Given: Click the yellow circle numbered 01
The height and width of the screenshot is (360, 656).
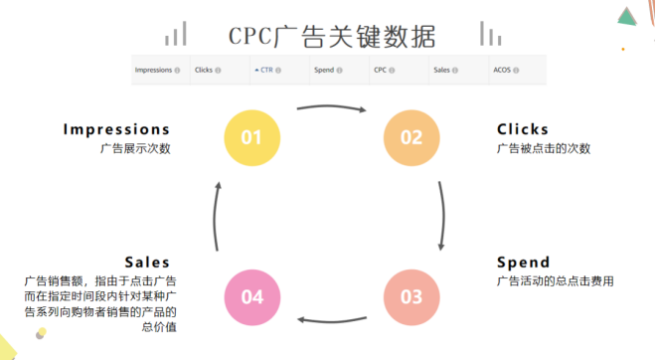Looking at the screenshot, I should coord(251,137).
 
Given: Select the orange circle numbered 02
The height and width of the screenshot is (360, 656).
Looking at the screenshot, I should coord(411,137).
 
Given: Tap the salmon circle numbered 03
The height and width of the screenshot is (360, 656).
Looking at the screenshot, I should coord(411,296).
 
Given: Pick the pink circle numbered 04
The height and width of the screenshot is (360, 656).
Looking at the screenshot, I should coord(251,296).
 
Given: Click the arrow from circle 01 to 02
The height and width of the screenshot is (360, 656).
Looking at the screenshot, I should coord(332,106).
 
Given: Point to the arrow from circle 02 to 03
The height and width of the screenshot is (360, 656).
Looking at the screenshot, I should coord(441,217).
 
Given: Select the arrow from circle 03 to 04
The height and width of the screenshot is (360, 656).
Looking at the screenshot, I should coord(332,319).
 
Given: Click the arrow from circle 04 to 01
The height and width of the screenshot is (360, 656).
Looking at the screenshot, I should coord(219,217).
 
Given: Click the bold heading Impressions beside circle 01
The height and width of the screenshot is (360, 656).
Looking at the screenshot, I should coord(116,129).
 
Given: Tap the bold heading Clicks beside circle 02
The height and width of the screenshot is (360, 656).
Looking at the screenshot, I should coord(523,129).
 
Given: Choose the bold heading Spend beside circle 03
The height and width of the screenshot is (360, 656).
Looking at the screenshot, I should coord(523,263).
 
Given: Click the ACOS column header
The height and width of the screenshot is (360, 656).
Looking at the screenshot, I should coord(505,70).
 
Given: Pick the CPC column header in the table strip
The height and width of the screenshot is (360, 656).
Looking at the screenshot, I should coord(381,70).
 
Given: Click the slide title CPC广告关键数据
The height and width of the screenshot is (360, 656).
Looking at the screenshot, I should coord(331,37).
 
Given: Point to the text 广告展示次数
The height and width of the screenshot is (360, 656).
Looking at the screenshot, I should coord(135,149).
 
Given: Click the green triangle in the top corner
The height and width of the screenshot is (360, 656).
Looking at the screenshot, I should coord(626,15).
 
